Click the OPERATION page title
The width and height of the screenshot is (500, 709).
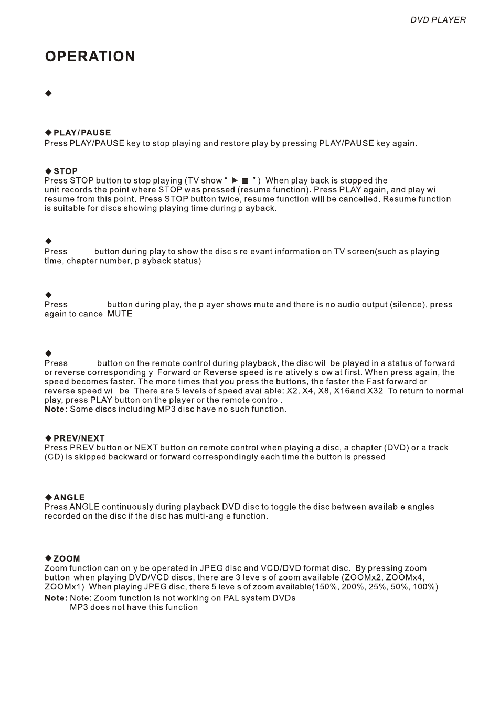tap(90, 57)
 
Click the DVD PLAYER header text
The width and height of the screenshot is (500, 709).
tap(438, 20)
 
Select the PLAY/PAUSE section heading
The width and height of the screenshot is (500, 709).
tap(82, 133)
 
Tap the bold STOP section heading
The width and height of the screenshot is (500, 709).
tap(66, 171)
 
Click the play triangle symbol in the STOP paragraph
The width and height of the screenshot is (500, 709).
tap(235, 180)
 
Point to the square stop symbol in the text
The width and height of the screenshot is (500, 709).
tap(244, 181)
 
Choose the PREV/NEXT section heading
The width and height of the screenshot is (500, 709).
tap(79, 438)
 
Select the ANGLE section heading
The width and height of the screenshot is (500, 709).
tap(69, 497)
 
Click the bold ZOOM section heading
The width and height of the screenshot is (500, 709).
tap(67, 558)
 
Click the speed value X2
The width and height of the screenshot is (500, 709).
tap(292, 391)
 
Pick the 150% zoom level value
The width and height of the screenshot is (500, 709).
tap(324, 587)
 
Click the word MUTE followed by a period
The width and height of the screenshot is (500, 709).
tap(121, 314)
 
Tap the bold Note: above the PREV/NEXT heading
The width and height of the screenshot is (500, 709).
tap(56, 409)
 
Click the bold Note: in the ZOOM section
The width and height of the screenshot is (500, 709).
tap(56, 598)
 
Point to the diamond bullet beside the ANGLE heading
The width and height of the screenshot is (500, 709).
tap(48, 497)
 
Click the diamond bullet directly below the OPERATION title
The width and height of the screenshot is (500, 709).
tap(48, 93)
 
